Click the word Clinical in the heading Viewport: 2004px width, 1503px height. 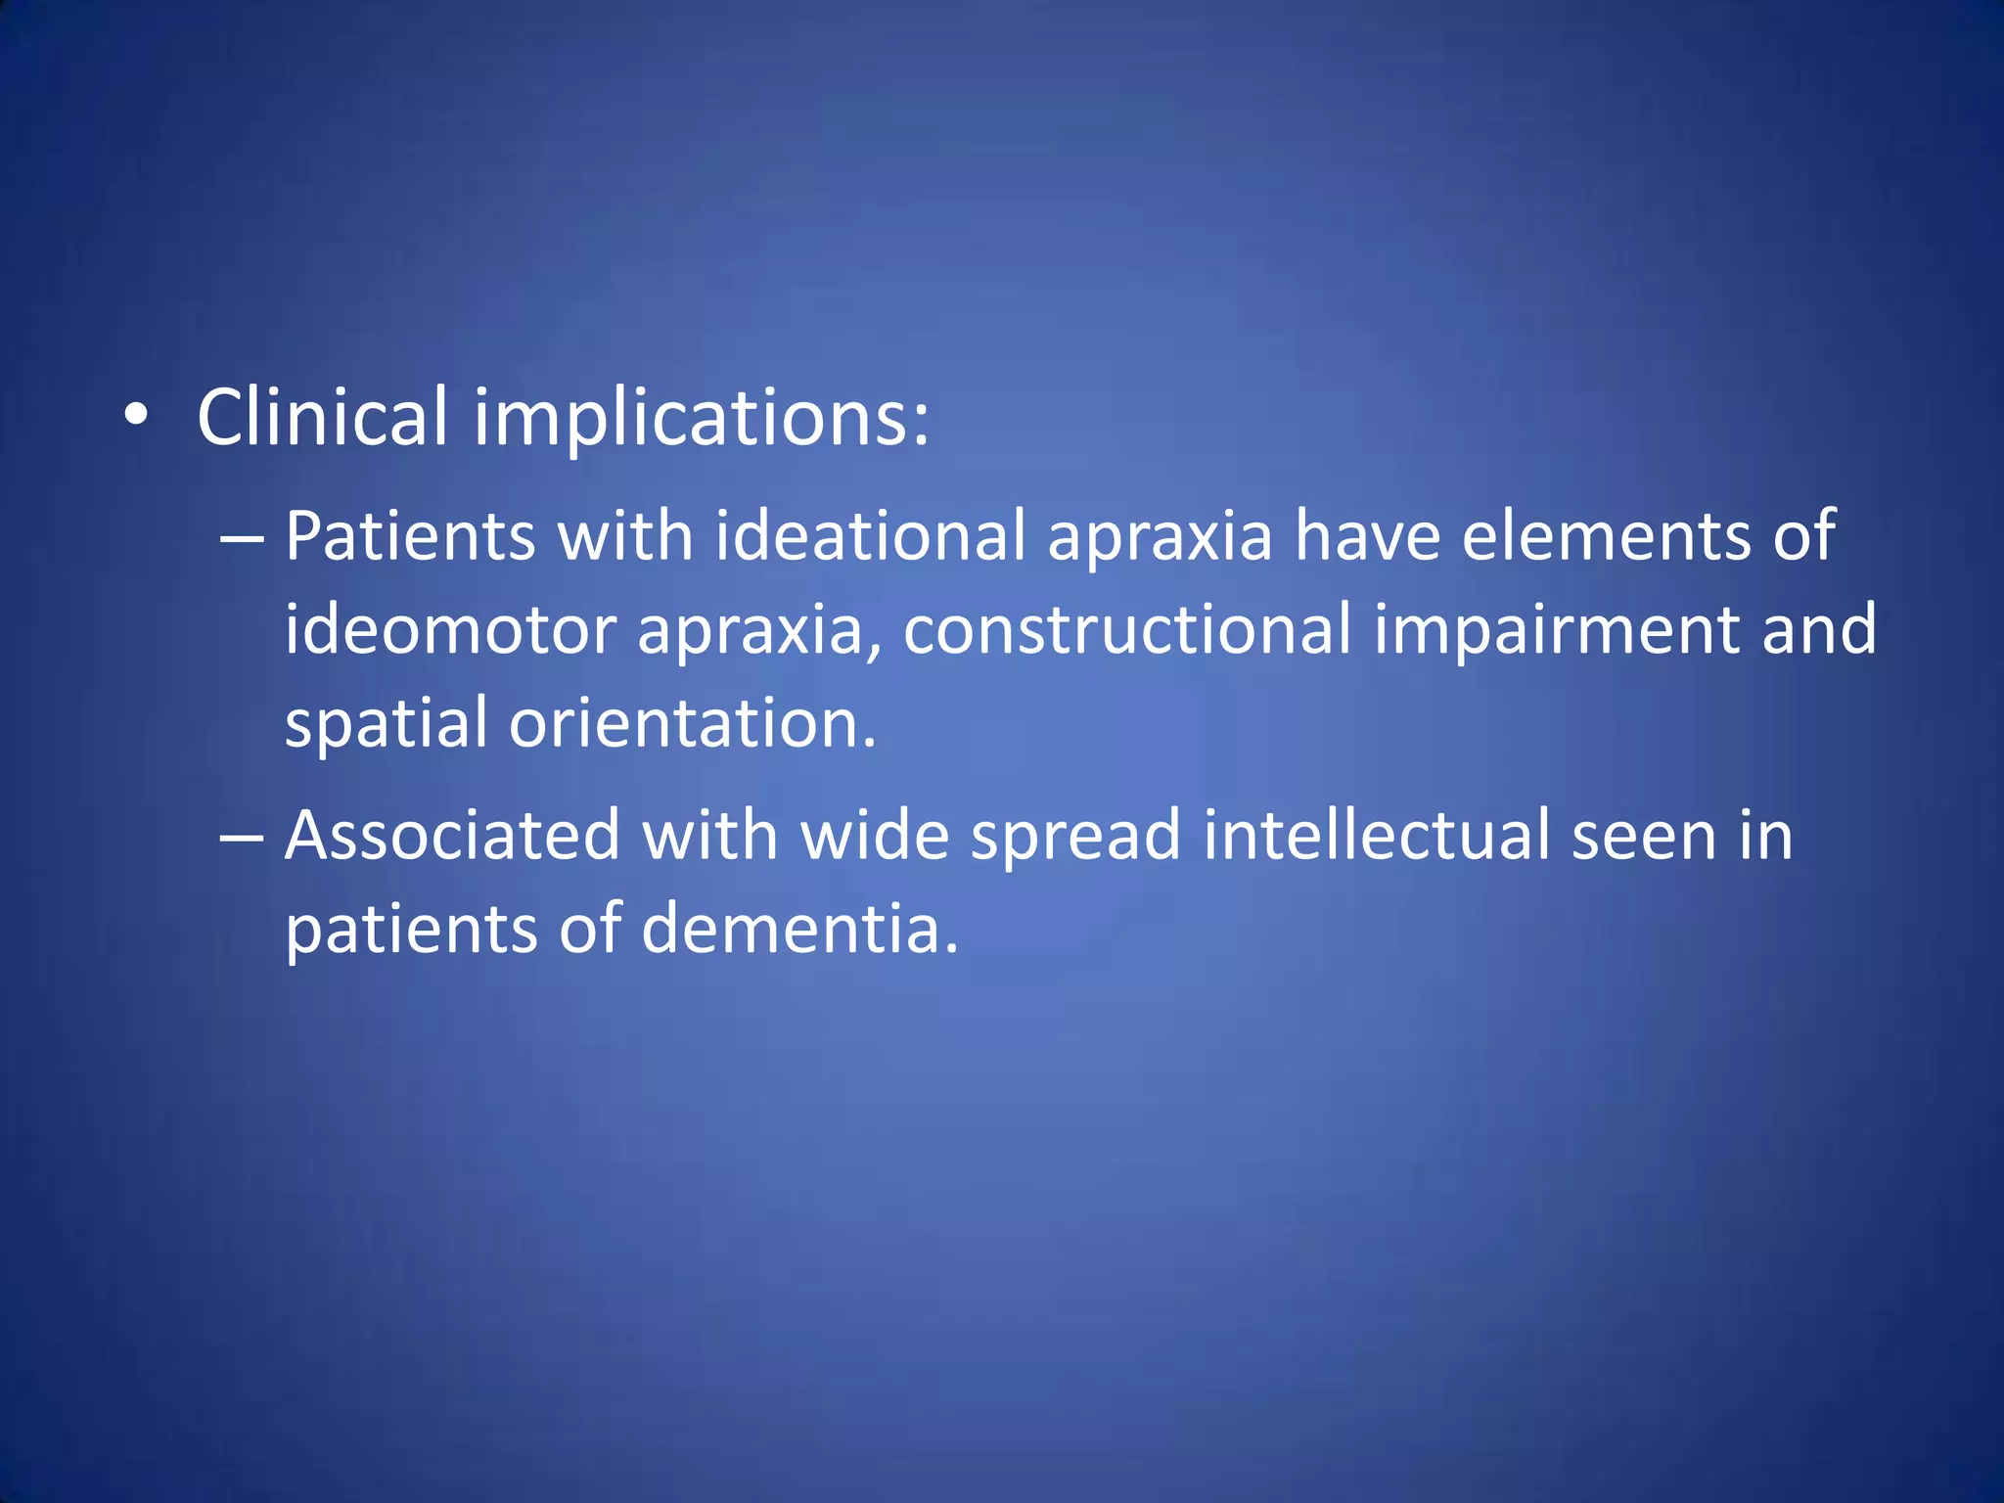pyautogui.click(x=322, y=418)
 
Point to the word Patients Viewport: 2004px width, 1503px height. pyautogui.click(x=410, y=537)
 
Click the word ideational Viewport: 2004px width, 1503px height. pyautogui.click(x=870, y=537)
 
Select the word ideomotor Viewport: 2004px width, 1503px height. pyautogui.click(x=450, y=631)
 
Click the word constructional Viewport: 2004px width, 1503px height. pyautogui.click(x=1127, y=631)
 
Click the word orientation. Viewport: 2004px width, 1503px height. pyautogui.click(x=692, y=724)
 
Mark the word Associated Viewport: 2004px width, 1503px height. pyautogui.click(x=452, y=837)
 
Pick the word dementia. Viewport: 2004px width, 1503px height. pyautogui.click(x=799, y=929)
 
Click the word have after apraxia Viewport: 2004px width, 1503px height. pyautogui.click(x=1367, y=537)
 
